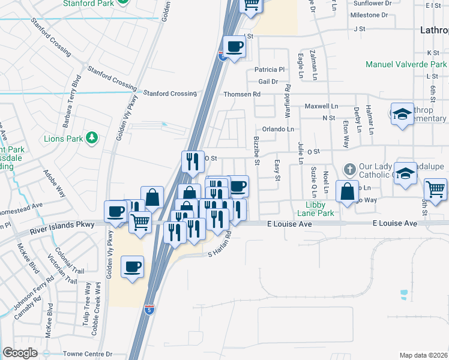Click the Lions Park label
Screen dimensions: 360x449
click(x=62, y=138)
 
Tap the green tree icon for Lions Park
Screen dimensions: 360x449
click(x=92, y=138)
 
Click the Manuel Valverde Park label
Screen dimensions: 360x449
click(x=407, y=64)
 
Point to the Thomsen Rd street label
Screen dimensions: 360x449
click(x=242, y=94)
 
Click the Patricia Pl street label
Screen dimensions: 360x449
click(x=270, y=70)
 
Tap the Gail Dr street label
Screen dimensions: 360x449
click(x=268, y=82)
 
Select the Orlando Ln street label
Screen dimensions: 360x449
click(x=278, y=129)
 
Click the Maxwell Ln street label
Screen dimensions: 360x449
click(x=318, y=106)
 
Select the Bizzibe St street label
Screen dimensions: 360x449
click(x=256, y=150)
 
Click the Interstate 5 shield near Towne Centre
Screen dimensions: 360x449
click(x=149, y=310)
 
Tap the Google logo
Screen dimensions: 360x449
click(x=20, y=353)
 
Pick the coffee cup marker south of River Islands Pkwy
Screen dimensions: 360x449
click(x=132, y=266)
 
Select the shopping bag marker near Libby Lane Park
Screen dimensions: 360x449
click(x=346, y=192)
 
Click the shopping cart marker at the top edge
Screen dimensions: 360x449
click(x=251, y=5)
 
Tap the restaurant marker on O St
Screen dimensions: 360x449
click(x=193, y=161)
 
